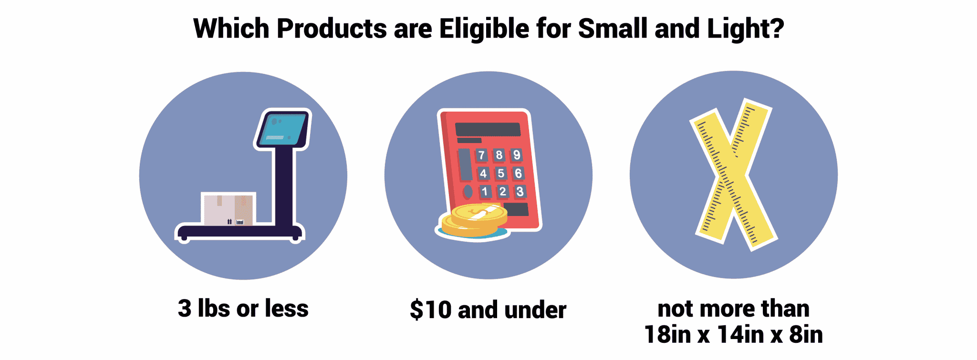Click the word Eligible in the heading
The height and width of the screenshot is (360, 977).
pyautogui.click(x=484, y=29)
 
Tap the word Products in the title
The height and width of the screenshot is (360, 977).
pyautogui.click(x=331, y=29)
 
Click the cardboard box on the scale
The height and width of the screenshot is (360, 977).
pyautogui.click(x=229, y=209)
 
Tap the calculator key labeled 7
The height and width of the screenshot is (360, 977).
pyautogui.click(x=481, y=155)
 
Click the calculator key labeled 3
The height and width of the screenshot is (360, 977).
pyautogui.click(x=520, y=192)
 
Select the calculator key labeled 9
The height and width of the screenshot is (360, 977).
pyautogui.click(x=517, y=155)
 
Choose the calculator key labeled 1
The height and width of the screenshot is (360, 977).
pyautogui.click(x=485, y=192)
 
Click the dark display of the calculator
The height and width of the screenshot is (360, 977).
pyautogui.click(x=488, y=129)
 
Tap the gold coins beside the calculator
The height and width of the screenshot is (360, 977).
pyautogui.click(x=474, y=220)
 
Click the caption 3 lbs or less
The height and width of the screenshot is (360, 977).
pyautogui.click(x=243, y=309)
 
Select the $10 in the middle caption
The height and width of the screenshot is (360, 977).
pyautogui.click(x=430, y=310)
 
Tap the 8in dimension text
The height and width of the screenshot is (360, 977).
pyautogui.click(x=806, y=334)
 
